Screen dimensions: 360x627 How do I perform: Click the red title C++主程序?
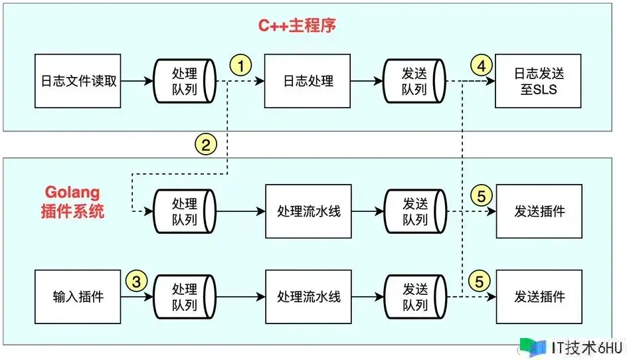tap(297, 26)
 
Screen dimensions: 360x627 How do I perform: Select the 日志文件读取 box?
tap(78, 81)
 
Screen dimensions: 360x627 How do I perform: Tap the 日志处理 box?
tap(308, 81)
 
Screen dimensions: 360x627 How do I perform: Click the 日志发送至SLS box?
tap(539, 81)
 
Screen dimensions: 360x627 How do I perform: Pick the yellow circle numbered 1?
tap(241, 65)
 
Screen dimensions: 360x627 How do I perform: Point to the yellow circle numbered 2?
tap(206, 143)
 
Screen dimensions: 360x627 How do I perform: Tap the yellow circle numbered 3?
tap(137, 280)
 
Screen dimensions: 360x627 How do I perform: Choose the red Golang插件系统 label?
tap(72, 203)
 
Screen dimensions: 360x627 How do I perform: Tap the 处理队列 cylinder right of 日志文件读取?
tap(184, 81)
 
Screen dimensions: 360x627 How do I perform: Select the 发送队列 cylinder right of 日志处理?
tap(414, 81)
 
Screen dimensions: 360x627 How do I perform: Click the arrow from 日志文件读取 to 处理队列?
tap(137, 81)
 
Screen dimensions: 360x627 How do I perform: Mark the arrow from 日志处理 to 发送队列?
tap(367, 81)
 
